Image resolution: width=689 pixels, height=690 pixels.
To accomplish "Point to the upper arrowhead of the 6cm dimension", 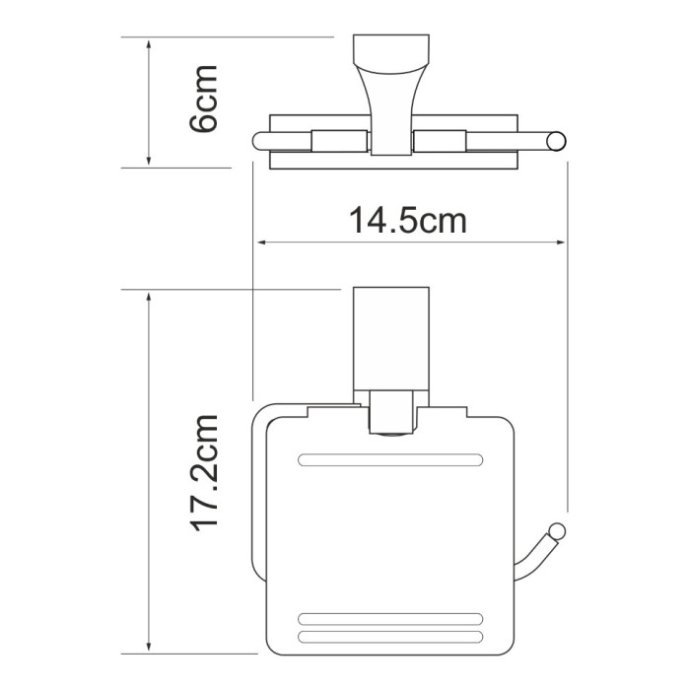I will (x=148, y=44).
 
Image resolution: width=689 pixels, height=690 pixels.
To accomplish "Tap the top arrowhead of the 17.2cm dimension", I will (x=148, y=297).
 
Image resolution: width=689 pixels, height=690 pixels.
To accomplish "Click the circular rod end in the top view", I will (x=558, y=140).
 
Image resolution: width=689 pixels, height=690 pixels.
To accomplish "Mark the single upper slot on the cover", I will (x=391, y=459).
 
